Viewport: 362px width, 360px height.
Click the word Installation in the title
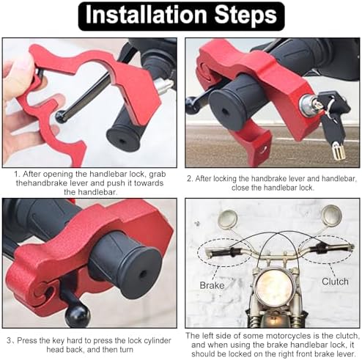pyautogui.click(x=147, y=15)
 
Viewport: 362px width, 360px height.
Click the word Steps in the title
pyautogui.click(x=245, y=16)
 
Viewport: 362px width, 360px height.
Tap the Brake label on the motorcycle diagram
pyautogui.click(x=212, y=285)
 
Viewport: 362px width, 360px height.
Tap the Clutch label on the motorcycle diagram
pyautogui.click(x=335, y=282)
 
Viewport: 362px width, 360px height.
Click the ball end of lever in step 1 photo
pyautogui.click(x=60, y=117)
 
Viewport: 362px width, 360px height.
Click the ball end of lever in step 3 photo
pyautogui.click(x=78, y=315)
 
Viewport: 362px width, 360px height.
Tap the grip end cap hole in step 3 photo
pyautogui.click(x=141, y=273)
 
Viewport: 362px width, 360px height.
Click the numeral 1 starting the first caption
pyautogui.click(x=16, y=175)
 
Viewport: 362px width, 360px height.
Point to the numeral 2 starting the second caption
pyautogui.click(x=189, y=179)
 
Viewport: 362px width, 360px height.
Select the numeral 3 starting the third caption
pyautogui.click(x=10, y=341)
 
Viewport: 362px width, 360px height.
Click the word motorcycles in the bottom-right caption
pyautogui.click(x=287, y=337)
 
